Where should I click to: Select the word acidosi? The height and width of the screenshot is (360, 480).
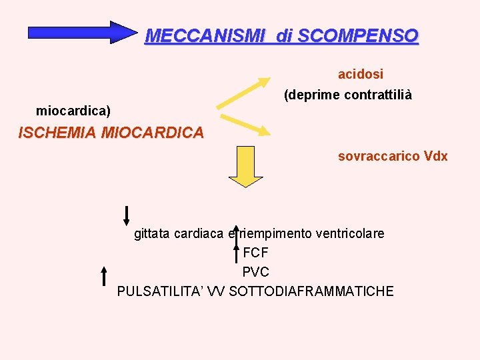pos(360,73)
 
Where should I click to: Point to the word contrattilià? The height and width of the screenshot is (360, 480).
pos(378,95)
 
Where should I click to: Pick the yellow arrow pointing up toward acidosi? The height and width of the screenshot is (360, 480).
pos(243,93)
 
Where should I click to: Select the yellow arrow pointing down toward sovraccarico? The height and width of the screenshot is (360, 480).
pos(245,124)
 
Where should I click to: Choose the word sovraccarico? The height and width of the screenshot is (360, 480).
pos(378,157)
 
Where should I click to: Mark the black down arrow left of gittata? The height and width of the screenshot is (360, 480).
pos(126,215)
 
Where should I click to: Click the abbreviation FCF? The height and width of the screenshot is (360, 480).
pos(255,253)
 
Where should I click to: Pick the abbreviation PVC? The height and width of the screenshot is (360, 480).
pos(255,273)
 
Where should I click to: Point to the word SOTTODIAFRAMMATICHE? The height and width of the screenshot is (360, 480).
pos(311,292)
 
